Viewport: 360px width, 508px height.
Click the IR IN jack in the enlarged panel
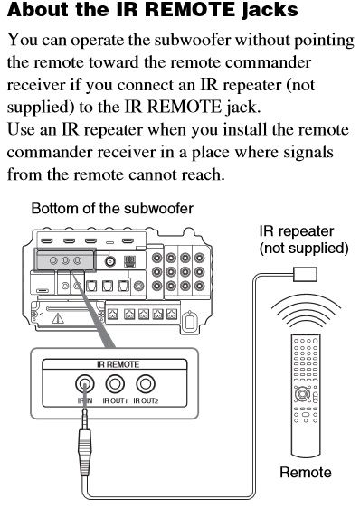[x=85, y=383]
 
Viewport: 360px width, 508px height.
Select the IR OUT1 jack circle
[x=115, y=383]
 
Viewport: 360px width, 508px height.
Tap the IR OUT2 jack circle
[x=146, y=383]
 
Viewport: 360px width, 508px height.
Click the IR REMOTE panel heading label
[x=118, y=364]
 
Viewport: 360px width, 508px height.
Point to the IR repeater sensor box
[x=305, y=275]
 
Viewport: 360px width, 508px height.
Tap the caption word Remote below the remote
[x=306, y=473]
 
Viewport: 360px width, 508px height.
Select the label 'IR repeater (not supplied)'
[x=304, y=240]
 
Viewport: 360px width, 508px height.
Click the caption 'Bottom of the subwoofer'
[x=112, y=208]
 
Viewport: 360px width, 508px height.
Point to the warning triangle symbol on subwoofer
[x=58, y=318]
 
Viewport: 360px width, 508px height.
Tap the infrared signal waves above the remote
[x=306, y=313]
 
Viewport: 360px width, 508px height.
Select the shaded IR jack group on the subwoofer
[x=65, y=260]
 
